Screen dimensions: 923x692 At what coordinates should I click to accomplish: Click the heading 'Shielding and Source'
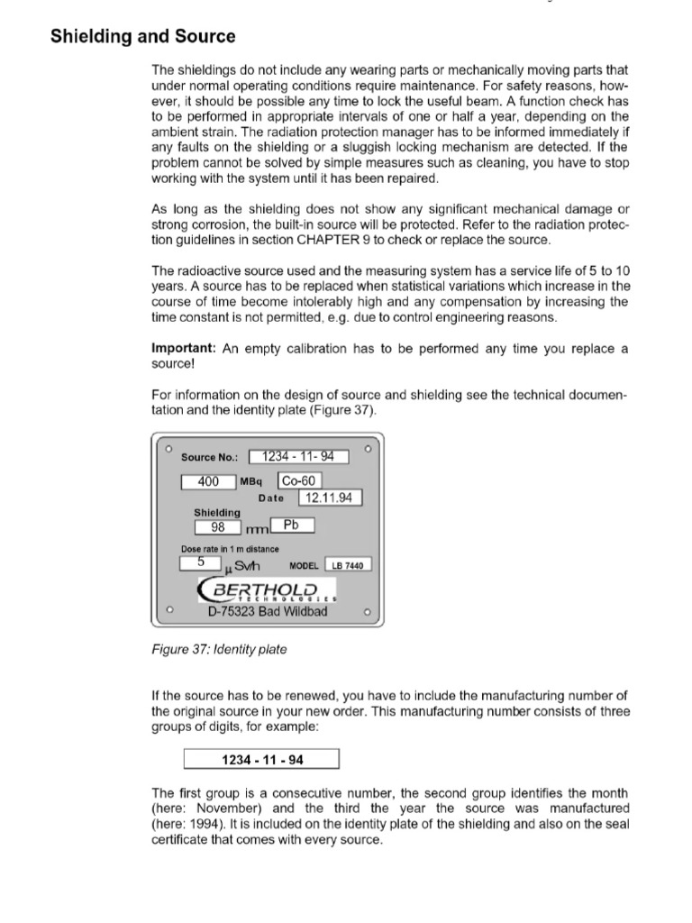142,37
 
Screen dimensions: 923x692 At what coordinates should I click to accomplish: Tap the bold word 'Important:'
186,348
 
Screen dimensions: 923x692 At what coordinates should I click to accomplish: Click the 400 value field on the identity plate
208,482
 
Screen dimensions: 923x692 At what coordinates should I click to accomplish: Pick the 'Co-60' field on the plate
299,482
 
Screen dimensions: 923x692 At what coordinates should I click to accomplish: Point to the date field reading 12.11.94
329,498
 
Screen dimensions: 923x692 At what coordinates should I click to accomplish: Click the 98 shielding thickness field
217,528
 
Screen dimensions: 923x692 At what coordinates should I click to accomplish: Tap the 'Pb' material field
290,525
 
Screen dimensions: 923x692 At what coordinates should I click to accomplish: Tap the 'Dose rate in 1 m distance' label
230,549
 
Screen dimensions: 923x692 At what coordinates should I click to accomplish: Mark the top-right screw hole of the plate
367,447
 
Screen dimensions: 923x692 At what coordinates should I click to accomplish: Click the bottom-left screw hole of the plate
168,612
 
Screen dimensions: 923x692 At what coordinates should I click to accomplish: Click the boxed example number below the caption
261,760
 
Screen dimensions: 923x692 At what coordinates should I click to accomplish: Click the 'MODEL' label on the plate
305,565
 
